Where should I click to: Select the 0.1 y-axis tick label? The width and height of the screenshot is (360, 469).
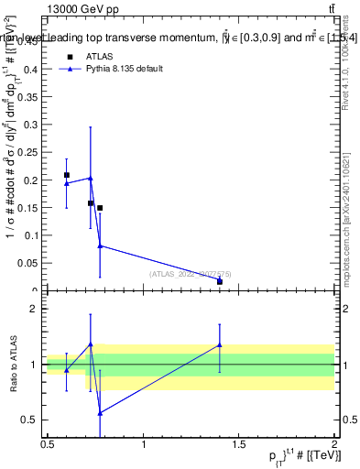[31, 236]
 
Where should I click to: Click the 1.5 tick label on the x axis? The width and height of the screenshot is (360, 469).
[240, 443]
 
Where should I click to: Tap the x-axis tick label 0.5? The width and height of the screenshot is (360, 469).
[48, 443]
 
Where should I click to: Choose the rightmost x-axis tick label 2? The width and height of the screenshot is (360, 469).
[334, 443]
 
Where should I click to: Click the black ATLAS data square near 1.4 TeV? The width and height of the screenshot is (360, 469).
[220, 281]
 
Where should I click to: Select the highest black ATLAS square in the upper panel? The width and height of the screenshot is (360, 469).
[66, 175]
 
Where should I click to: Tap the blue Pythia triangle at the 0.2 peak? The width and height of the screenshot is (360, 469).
[90, 178]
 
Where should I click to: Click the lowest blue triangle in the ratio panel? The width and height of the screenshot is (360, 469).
[100, 413]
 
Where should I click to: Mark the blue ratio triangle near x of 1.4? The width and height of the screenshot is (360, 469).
[220, 345]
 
